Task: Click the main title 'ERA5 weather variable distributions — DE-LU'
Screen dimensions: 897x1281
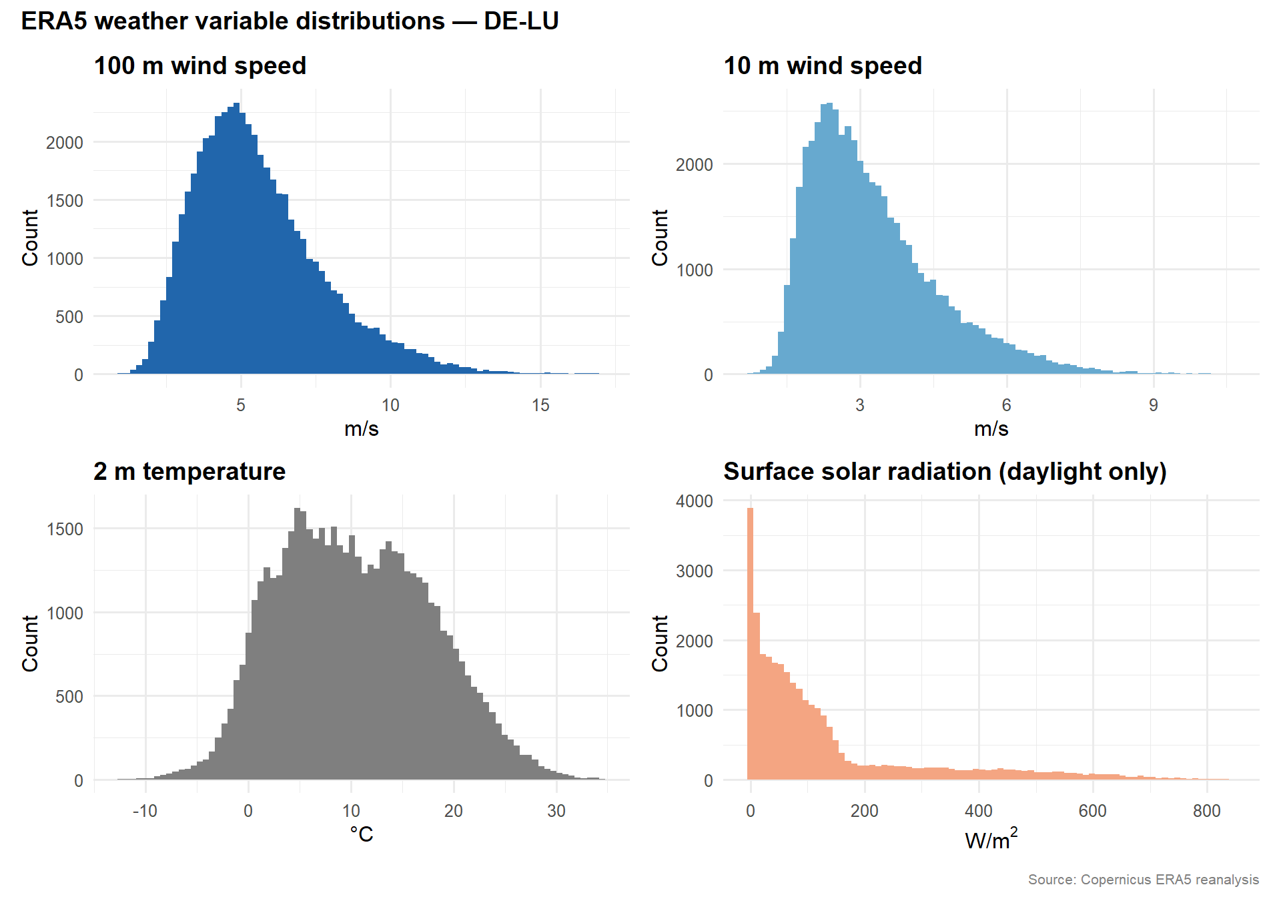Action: click(x=290, y=21)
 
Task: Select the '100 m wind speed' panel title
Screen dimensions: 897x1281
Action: click(x=199, y=66)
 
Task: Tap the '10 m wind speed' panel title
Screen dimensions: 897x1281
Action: click(x=822, y=66)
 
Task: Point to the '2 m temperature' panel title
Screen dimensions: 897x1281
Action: click(x=189, y=472)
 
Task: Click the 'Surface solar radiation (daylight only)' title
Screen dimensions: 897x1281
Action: click(x=945, y=472)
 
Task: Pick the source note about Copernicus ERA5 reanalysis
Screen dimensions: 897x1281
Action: click(x=1143, y=880)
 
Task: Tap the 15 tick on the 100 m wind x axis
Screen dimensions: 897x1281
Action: click(x=540, y=405)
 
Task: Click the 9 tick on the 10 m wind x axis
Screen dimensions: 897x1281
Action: click(x=1153, y=405)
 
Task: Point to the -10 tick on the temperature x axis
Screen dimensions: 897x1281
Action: click(x=145, y=811)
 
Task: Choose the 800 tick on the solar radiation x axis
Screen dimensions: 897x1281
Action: click(x=1206, y=811)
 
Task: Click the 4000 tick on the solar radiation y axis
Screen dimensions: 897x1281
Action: click(x=694, y=501)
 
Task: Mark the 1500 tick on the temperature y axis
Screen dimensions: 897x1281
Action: click(x=65, y=529)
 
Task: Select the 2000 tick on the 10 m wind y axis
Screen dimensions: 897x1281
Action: click(x=694, y=165)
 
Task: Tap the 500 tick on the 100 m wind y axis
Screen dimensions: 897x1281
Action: click(x=69, y=317)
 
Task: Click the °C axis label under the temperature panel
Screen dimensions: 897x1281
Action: click(x=362, y=835)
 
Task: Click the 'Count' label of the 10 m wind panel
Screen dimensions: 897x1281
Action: click(x=659, y=238)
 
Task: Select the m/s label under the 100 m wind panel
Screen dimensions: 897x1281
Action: click(x=362, y=429)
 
